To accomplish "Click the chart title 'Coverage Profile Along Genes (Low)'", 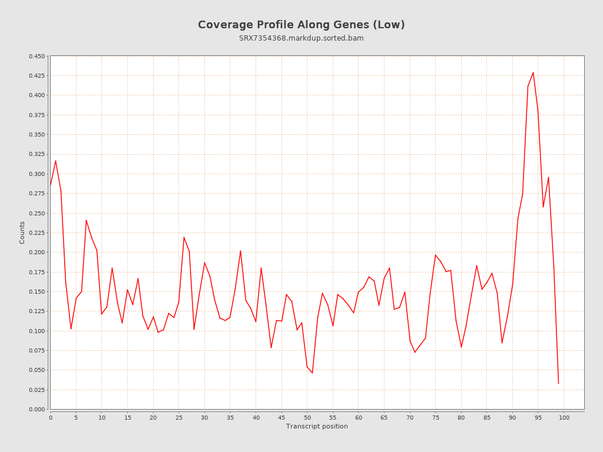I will [301, 25].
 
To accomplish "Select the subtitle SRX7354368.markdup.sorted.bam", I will [301, 38].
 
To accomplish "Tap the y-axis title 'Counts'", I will [22, 232].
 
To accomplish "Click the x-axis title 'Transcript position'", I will [317, 426].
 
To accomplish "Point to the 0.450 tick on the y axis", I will [37, 56].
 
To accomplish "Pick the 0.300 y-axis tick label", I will [37, 174].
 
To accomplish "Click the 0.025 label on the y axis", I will [37, 390].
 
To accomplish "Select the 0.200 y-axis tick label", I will [37, 252].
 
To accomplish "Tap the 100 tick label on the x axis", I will [564, 418].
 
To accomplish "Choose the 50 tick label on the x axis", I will [307, 418].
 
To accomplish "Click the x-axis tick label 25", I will [179, 418].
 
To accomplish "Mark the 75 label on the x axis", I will [436, 418].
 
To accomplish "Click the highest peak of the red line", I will [533, 72].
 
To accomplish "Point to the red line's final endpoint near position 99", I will [558, 383].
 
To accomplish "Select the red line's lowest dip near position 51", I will [312, 373].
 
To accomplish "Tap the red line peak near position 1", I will [55, 161].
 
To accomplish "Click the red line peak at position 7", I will [86, 220].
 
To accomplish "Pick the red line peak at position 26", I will [184, 237].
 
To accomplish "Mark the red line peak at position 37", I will [240, 251].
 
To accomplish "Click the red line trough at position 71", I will [415, 352].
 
